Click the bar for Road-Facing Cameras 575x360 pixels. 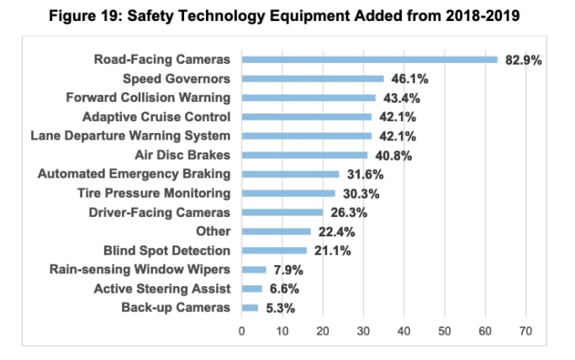(x=370, y=60)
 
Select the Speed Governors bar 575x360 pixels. (x=313, y=78)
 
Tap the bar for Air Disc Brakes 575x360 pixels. (x=304, y=155)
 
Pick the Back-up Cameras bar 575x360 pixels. (x=250, y=308)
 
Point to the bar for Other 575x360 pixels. (x=276, y=231)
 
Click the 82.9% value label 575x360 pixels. (x=523, y=60)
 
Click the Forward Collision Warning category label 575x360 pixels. (x=148, y=98)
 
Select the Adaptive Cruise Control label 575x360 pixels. (x=156, y=117)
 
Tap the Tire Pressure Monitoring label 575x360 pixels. (x=154, y=193)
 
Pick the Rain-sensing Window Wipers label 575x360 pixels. (x=140, y=270)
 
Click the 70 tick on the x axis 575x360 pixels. (x=526, y=331)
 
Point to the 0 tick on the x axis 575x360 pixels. (x=242, y=331)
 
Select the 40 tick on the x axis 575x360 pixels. (x=404, y=331)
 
